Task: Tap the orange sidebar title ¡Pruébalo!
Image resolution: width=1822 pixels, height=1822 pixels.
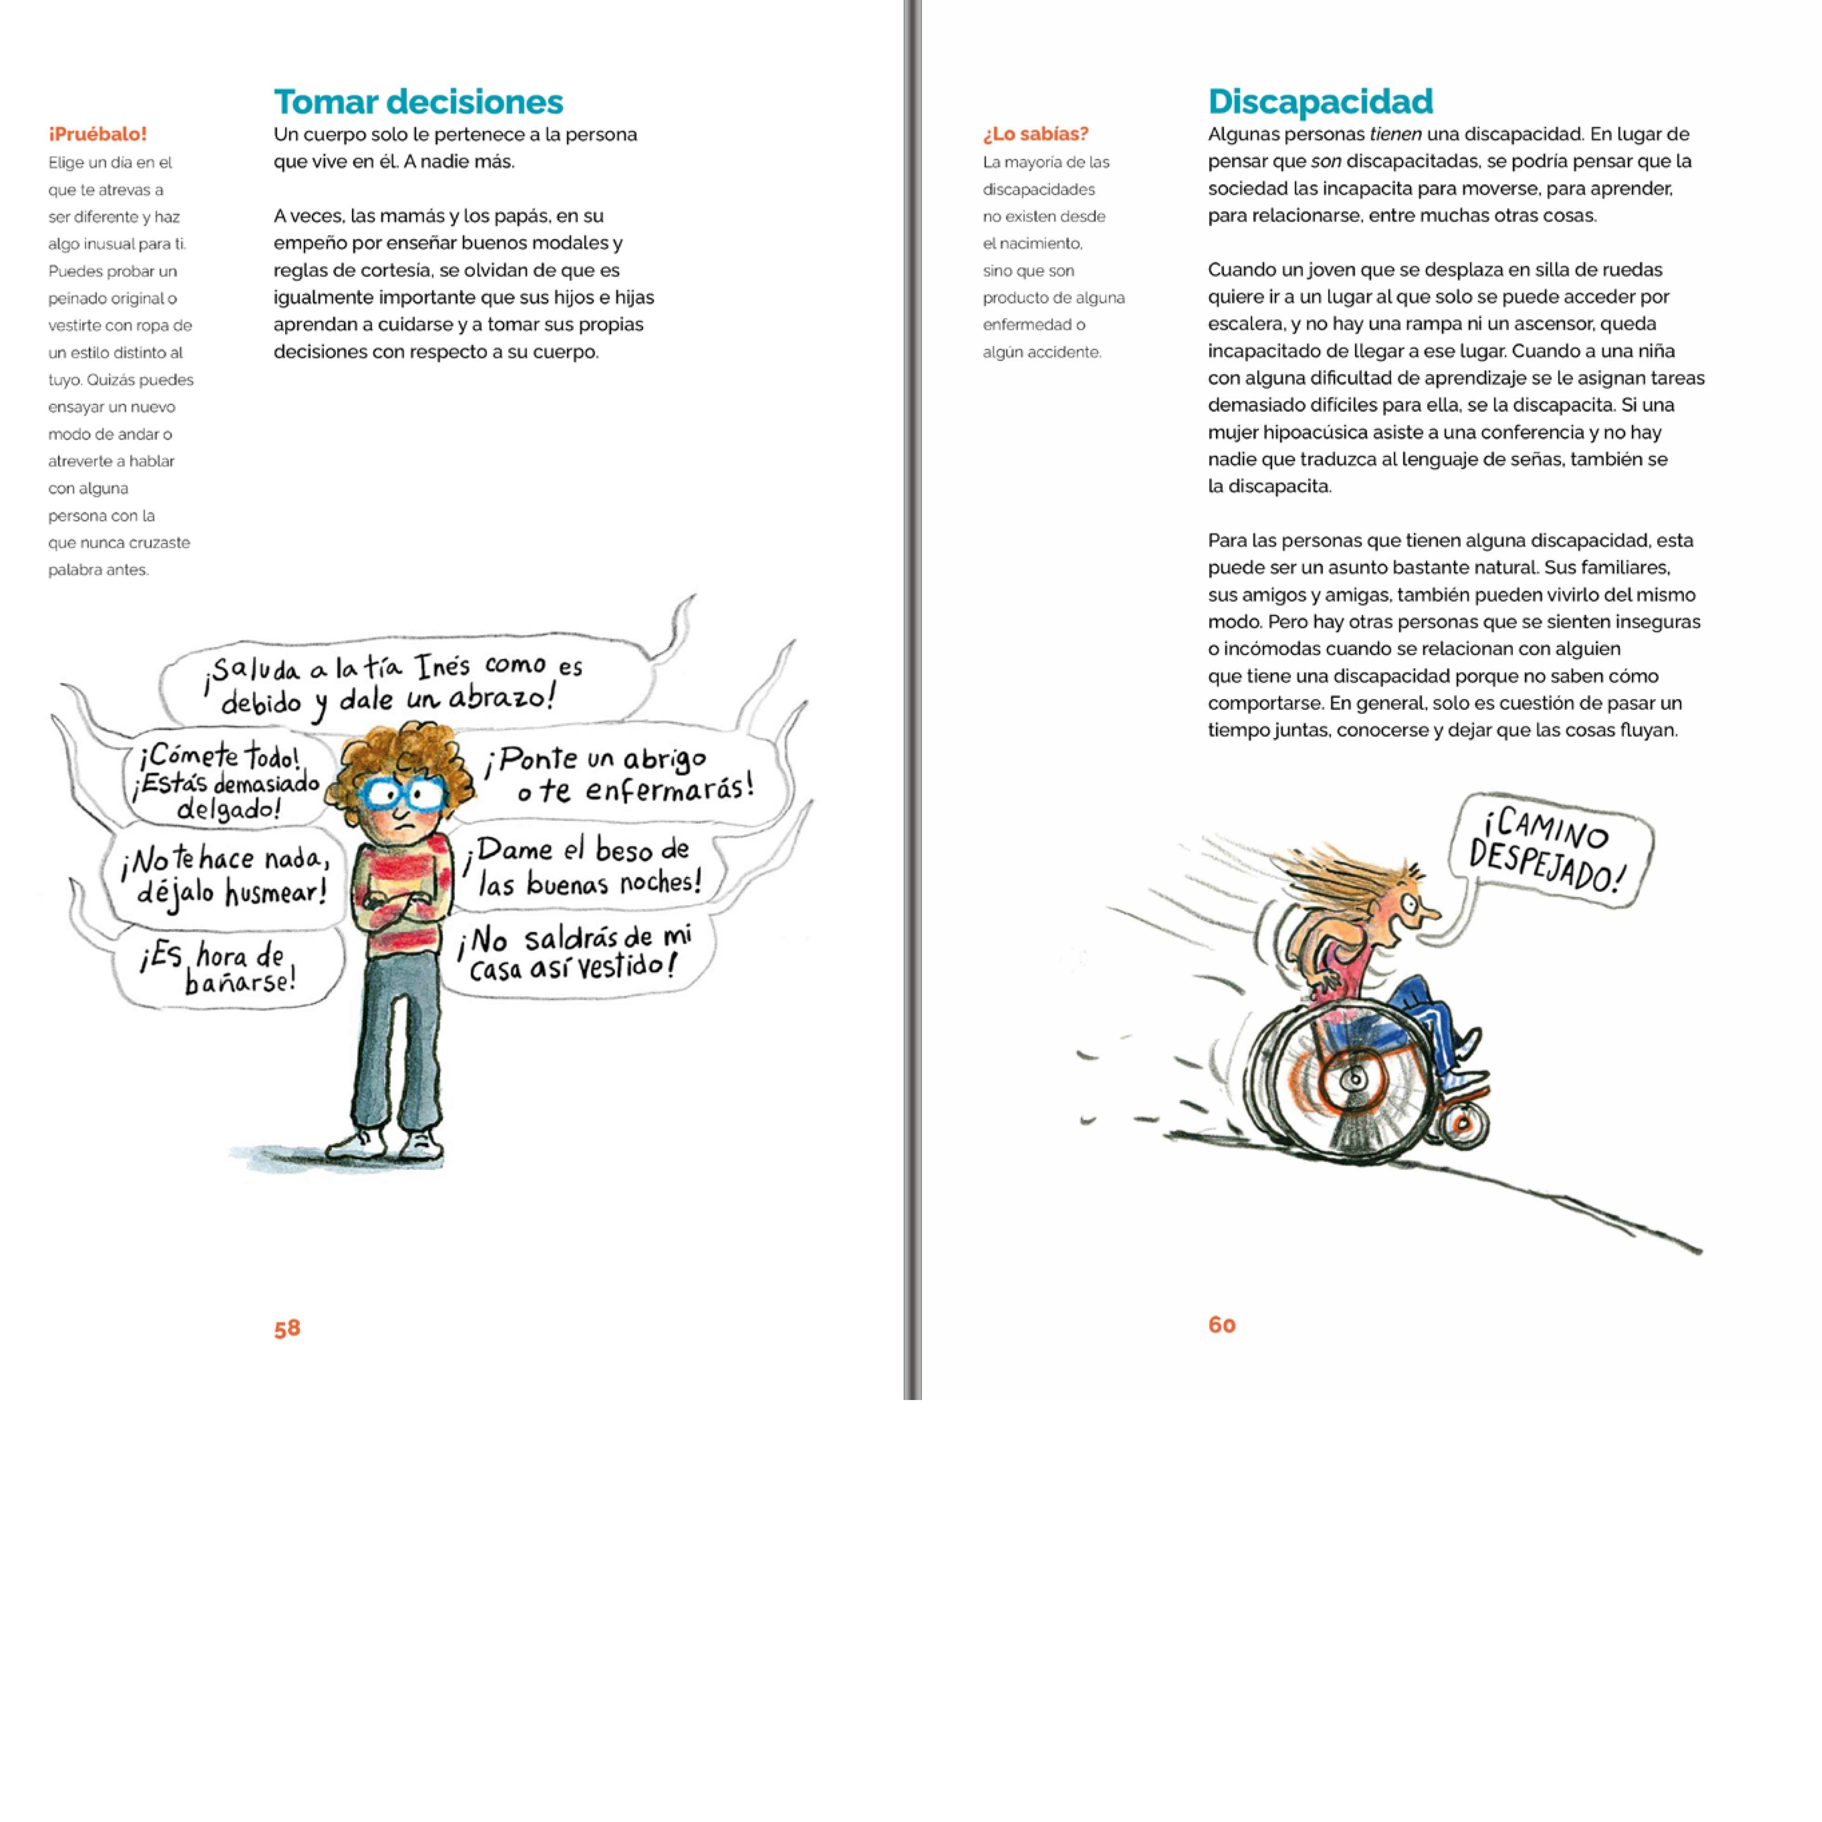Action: click(x=97, y=134)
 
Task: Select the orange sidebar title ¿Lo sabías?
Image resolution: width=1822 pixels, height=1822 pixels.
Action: click(x=1035, y=134)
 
